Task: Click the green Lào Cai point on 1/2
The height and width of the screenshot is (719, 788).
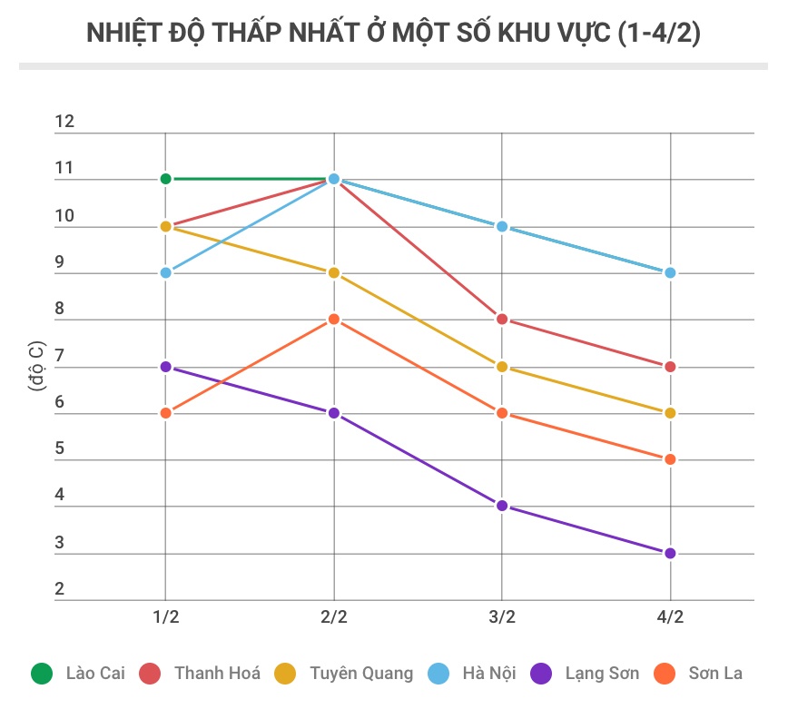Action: coord(165,179)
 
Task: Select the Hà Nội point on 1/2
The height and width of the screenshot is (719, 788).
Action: coord(165,272)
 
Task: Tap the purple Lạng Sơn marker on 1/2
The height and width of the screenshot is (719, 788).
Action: coord(165,367)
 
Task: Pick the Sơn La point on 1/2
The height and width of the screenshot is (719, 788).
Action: coord(165,413)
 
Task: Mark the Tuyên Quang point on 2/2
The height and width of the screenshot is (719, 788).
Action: coord(334,272)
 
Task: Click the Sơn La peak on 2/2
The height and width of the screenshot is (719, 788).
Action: coord(334,320)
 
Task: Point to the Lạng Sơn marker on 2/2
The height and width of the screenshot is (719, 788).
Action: coord(334,413)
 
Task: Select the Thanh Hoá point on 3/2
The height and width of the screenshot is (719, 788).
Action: coord(502,320)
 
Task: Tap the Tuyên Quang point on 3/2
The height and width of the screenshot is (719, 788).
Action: coord(502,367)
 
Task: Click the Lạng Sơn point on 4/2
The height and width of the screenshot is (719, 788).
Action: coord(670,553)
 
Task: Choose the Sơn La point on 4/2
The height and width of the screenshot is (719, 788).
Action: coord(670,459)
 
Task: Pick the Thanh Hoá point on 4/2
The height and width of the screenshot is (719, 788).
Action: coord(670,367)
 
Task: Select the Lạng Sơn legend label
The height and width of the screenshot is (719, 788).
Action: coord(602,674)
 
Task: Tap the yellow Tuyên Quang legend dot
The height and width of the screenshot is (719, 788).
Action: coord(285,674)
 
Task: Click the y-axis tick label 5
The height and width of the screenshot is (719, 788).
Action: coord(60,448)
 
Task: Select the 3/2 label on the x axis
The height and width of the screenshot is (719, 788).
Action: coord(502,617)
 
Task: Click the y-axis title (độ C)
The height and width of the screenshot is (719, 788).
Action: coord(35,367)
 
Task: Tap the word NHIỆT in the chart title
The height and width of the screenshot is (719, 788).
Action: coord(123,34)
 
